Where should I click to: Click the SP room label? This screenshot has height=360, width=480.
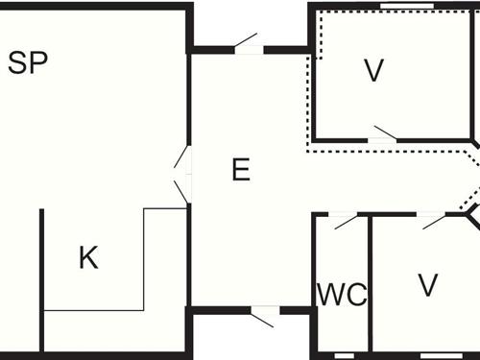tap(28, 63)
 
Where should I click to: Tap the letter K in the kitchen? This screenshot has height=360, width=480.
tap(88, 257)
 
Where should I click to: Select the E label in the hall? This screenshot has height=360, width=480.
tap(241, 170)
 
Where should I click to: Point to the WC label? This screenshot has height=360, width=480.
tap(342, 295)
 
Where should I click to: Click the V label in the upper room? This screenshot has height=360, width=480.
tap(373, 69)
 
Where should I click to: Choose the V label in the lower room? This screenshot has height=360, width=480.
tap(428, 285)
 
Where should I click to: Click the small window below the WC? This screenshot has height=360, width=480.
tap(343, 355)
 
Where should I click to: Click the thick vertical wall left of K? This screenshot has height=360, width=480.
tap(42, 278)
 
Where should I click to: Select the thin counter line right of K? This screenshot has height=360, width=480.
tap(143, 254)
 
